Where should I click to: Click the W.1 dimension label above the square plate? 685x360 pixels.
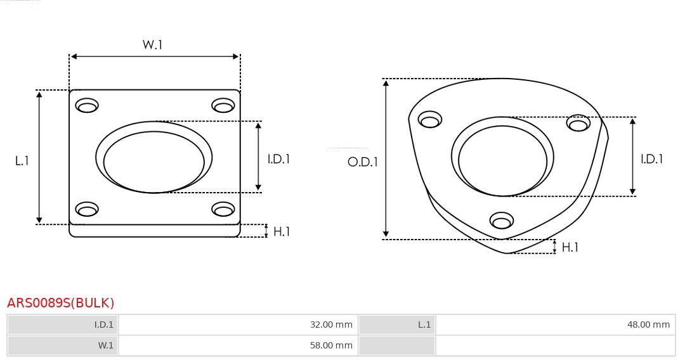point(152,44)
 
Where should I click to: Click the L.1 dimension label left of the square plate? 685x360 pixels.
point(22,161)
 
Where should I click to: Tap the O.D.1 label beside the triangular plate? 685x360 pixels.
point(363,162)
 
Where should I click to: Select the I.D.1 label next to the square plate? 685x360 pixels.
point(278,159)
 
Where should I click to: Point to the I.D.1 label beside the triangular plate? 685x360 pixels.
point(652,159)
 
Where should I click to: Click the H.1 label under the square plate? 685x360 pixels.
point(282,231)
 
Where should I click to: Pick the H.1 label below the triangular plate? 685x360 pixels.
point(570,247)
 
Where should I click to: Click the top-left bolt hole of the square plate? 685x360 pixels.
point(87,105)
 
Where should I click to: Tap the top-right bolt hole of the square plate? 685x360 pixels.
point(223,105)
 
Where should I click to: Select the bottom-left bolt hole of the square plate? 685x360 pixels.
point(87,209)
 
